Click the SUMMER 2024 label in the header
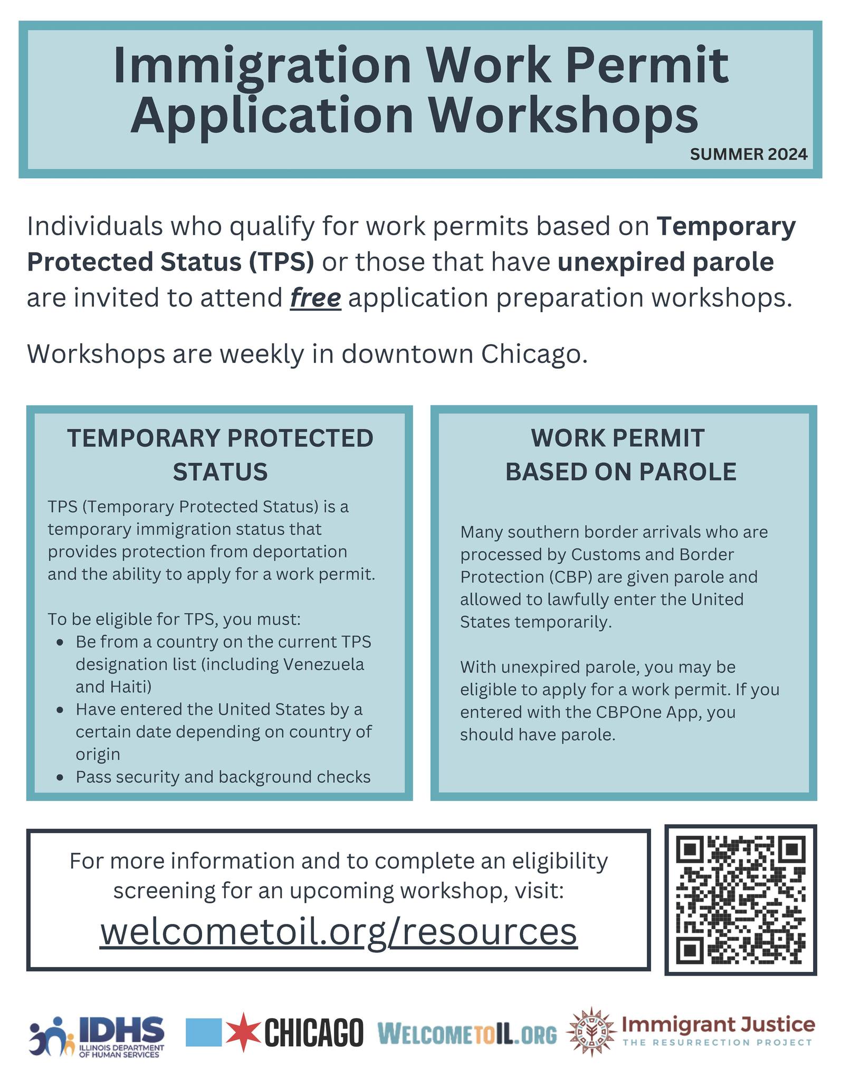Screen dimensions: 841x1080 [x=748, y=154]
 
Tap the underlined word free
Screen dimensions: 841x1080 [x=316, y=298]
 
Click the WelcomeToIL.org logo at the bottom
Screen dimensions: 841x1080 [x=467, y=1034]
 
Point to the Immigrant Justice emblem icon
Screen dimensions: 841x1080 [x=591, y=1032]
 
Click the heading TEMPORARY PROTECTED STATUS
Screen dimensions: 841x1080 [x=221, y=455]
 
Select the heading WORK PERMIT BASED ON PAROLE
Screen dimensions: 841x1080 [x=620, y=455]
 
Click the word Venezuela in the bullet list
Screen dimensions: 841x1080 [x=324, y=664]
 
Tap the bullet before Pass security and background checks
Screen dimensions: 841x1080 [x=61, y=777]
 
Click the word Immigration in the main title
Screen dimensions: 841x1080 [x=262, y=66]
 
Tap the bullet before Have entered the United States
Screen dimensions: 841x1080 [x=61, y=710]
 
